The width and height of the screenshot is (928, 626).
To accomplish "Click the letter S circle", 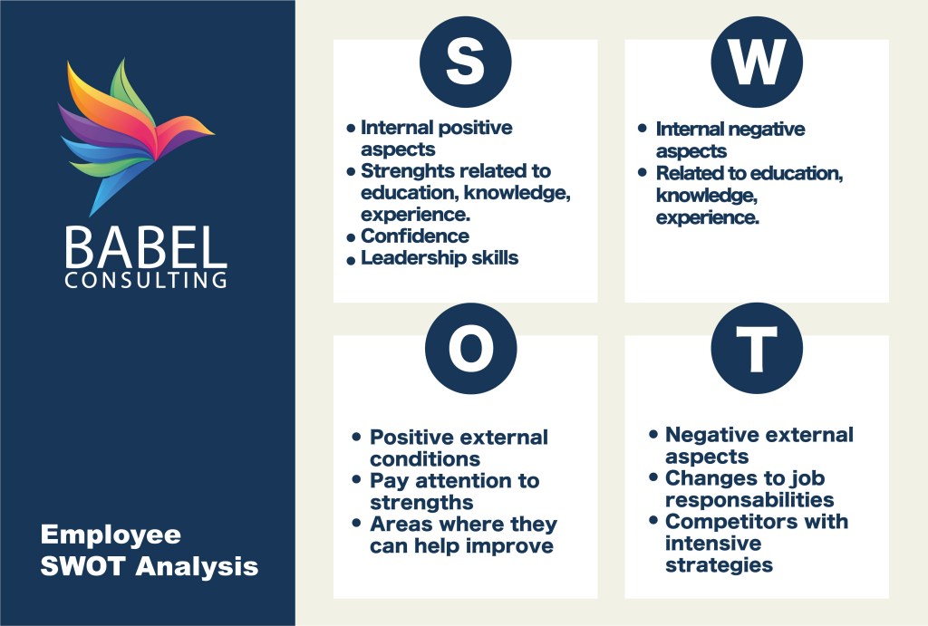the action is [465, 63].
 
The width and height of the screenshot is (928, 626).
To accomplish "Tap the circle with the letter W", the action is [757, 63].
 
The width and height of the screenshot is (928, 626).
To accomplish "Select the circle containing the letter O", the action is [471, 349].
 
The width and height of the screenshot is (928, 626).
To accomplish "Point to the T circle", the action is [757, 349].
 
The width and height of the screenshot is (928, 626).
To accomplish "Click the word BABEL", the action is [146, 247].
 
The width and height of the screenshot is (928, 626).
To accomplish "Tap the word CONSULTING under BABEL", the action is [146, 280].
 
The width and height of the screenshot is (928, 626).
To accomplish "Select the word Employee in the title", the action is [111, 535].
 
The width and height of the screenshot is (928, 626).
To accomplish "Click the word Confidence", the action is [415, 236].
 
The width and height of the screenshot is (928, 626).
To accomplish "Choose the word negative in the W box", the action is [767, 130].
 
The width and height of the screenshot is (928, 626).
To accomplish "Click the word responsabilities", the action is [749, 500].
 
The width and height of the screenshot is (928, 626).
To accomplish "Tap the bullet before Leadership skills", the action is [351, 260].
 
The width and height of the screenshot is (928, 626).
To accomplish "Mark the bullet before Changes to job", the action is [653, 477].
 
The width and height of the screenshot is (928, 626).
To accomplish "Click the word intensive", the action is [713, 544].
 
